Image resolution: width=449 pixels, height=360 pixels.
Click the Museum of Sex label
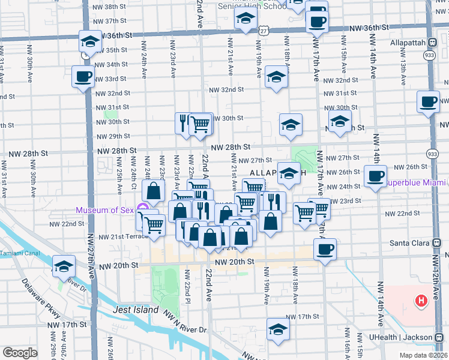[x=105, y=209]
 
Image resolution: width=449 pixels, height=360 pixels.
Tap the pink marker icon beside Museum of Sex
[x=142, y=209]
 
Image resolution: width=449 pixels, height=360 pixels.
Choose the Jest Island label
[x=136, y=310]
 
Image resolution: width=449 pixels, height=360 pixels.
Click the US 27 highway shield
[x=264, y=29]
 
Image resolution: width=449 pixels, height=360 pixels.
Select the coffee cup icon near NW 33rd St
[x=83, y=76]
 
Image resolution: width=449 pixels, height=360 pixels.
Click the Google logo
[x=20, y=353]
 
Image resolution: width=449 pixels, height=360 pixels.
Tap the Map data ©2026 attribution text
[x=421, y=355]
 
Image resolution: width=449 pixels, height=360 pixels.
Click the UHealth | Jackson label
[x=415, y=338]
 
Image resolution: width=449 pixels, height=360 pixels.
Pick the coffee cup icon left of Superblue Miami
[x=376, y=176]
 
